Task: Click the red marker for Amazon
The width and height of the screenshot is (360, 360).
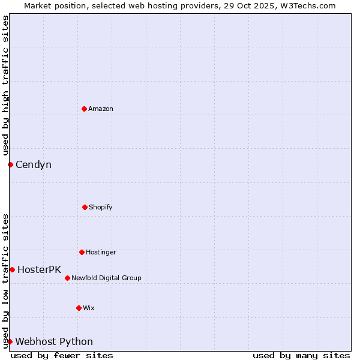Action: point(84,109)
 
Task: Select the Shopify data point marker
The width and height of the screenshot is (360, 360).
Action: point(85,207)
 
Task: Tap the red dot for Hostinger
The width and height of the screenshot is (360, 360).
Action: point(82,252)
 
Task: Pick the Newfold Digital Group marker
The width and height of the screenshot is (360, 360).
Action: point(67,278)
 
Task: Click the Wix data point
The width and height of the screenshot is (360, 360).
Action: point(79,308)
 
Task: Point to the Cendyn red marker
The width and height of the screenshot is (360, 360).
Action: point(10,164)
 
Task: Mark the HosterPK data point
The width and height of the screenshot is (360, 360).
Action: point(12,269)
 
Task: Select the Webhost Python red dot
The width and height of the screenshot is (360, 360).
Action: point(10,341)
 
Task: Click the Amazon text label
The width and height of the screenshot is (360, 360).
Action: point(101,109)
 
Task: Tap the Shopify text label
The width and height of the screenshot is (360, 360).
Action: point(101,207)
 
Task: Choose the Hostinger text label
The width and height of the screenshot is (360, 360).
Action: point(101,252)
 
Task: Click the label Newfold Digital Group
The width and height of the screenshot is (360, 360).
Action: point(106,278)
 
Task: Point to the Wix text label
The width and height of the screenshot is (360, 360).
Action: point(89,308)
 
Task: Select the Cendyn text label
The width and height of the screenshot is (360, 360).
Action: point(34,164)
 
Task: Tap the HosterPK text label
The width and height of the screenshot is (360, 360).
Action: point(39,269)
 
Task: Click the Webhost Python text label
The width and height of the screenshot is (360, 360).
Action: point(54,341)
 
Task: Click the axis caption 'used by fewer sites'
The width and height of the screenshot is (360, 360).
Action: point(62,355)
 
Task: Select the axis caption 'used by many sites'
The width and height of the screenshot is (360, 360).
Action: point(301,355)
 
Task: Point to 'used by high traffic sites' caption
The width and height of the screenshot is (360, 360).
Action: point(5,86)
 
